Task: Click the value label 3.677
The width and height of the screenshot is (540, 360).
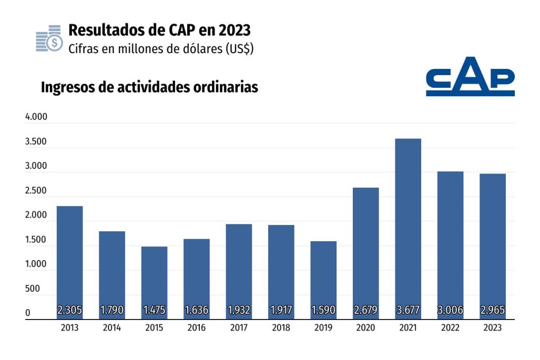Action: point(408,310)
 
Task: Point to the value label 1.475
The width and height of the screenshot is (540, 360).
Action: point(154,310)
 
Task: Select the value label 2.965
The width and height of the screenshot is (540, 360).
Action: point(493,310)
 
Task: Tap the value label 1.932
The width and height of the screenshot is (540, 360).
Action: point(239,310)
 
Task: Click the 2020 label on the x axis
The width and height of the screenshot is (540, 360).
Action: point(365,328)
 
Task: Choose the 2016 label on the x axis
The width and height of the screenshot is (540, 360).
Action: point(196,328)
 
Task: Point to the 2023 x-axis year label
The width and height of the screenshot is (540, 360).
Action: point(493,328)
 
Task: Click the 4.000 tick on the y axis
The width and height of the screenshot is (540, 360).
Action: point(36,118)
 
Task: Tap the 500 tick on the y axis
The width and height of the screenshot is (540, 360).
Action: point(33,289)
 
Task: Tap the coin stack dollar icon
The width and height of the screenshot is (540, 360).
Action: point(49,38)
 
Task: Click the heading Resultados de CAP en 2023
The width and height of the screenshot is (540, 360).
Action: point(159,29)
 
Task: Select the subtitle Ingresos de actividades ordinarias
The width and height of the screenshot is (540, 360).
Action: point(149,87)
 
